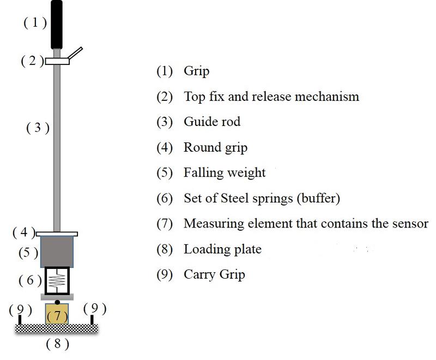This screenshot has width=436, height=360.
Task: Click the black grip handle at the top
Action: point(57,25)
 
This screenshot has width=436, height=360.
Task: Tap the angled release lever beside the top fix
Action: point(75,53)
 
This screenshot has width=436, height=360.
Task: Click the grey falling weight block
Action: point(57,251)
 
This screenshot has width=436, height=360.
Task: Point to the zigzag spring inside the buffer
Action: point(57,281)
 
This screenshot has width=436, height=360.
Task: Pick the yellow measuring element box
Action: point(57,315)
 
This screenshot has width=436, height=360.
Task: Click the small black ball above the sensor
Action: point(57,301)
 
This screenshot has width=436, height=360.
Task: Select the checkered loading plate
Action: point(57,328)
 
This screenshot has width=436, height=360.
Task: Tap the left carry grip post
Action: point(20,319)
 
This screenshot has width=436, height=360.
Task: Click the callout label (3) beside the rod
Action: point(38,128)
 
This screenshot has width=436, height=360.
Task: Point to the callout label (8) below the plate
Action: point(58,344)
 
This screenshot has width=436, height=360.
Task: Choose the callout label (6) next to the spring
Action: point(30,280)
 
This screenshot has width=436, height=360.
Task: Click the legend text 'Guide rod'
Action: point(211,121)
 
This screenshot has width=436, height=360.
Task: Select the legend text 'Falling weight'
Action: point(225,173)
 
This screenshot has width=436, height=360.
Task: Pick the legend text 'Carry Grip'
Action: point(214,274)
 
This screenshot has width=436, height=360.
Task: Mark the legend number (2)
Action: point(165,97)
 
